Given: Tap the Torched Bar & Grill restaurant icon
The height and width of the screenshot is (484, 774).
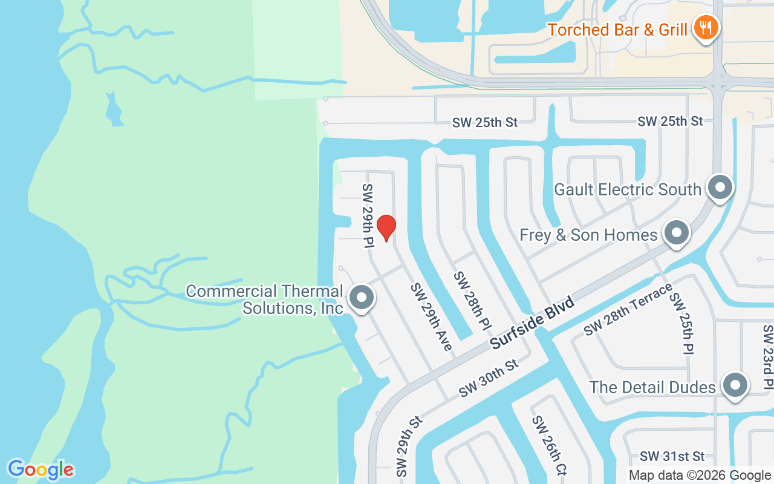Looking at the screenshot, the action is pyautogui.click(x=705, y=27).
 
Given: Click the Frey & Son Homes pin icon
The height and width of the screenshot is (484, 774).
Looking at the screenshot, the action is pyautogui.click(x=677, y=233).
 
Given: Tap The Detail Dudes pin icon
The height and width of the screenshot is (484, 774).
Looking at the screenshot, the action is pyautogui.click(x=735, y=385).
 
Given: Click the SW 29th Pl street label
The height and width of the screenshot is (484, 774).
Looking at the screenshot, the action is pyautogui.click(x=368, y=216).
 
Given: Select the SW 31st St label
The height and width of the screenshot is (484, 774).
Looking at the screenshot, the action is pyautogui.click(x=672, y=456).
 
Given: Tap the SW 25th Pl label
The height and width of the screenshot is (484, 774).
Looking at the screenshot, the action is pyautogui.click(x=681, y=324).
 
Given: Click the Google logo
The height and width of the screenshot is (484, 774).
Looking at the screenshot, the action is pyautogui.click(x=41, y=469).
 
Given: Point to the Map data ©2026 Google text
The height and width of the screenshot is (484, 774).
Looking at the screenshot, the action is pyautogui.click(x=700, y=476).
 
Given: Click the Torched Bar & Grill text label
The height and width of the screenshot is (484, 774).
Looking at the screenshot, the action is pyautogui.click(x=617, y=29).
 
